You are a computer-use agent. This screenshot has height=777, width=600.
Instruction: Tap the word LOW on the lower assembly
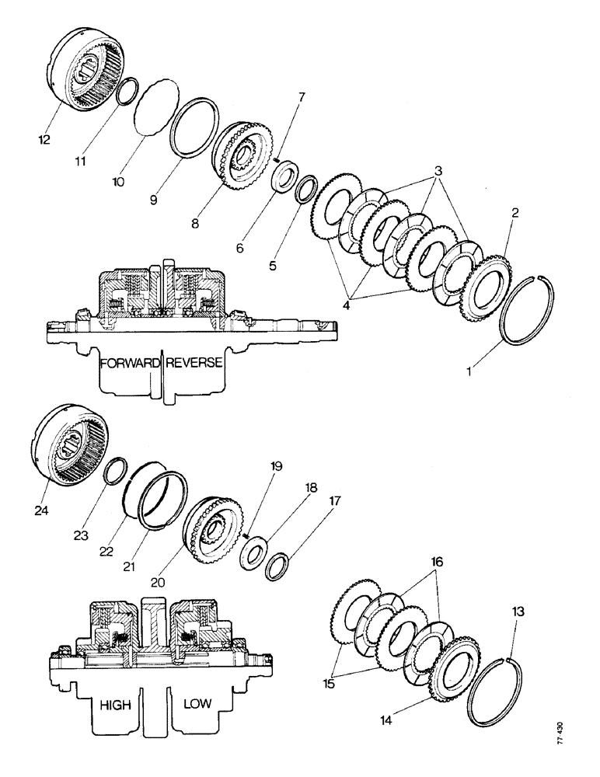coord(200,705)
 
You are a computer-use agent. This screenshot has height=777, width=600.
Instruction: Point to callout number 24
coord(43,490)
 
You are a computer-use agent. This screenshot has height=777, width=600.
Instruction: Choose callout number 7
coord(302,97)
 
